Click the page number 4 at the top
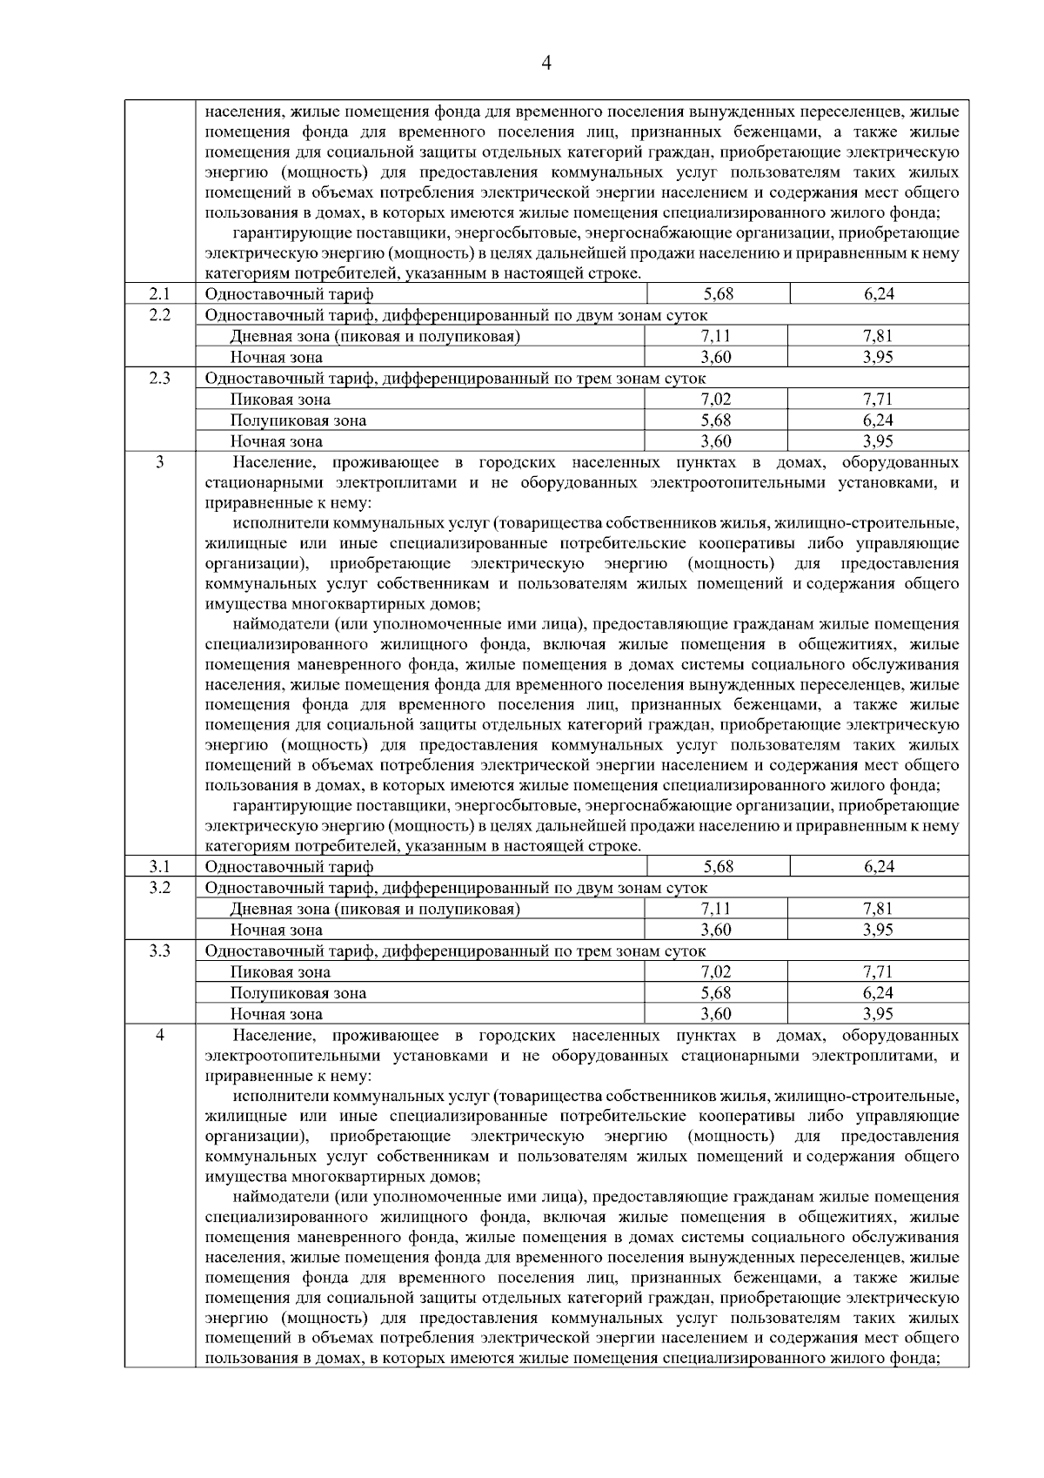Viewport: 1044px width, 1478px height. pyautogui.click(x=546, y=64)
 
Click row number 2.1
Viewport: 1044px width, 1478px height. pyautogui.click(x=159, y=294)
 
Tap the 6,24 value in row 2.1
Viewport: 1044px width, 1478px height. pyautogui.click(x=879, y=294)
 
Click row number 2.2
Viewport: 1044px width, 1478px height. pyautogui.click(x=159, y=315)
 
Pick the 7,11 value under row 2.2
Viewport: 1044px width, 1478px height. pyautogui.click(x=716, y=336)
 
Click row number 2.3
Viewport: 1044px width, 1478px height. pyautogui.click(x=159, y=379)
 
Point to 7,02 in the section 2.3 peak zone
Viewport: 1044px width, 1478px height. pyautogui.click(x=716, y=400)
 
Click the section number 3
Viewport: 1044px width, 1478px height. pyautogui.click(x=159, y=462)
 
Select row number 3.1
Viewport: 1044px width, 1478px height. pyautogui.click(x=159, y=867)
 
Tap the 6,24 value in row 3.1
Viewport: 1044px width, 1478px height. pyautogui.click(x=879, y=867)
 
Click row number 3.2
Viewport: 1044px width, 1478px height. pyautogui.click(x=159, y=888)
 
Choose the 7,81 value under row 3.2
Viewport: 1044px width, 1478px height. pyautogui.click(x=879, y=909)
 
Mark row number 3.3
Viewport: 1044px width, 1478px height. pyautogui.click(x=159, y=951)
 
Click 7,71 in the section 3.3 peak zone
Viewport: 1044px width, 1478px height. pyautogui.click(x=879, y=972)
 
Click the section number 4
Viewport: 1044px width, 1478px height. pyautogui.click(x=159, y=1035)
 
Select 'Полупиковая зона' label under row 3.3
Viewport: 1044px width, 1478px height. pyautogui.click(x=298, y=993)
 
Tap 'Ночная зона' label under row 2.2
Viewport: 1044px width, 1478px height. pyautogui.click(x=276, y=358)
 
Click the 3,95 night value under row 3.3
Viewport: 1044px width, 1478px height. pyautogui.click(x=879, y=1014)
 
